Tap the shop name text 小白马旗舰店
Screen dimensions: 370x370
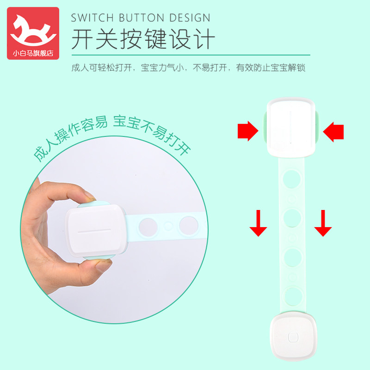[x=33, y=53]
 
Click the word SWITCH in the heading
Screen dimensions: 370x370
[x=92, y=18]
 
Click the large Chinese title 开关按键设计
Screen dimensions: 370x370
[x=143, y=40]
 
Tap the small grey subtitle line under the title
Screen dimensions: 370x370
[x=188, y=68]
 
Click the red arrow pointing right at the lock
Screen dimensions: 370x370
[x=247, y=131]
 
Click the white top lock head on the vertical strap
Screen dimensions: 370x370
[x=291, y=126]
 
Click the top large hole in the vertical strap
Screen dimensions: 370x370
[x=291, y=179]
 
